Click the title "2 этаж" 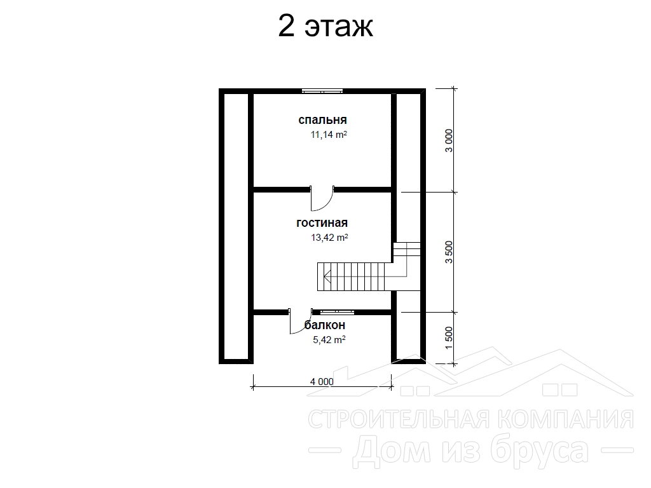(325, 26)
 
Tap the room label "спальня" (322, 120)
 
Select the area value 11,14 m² (329, 135)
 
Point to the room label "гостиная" (322, 223)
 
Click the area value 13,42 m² (329, 238)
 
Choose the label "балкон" (325, 325)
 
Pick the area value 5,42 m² (329, 340)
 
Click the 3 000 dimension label (449, 140)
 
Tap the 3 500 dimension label (449, 252)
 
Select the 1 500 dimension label (449, 338)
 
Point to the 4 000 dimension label (322, 381)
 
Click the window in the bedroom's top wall (322, 90)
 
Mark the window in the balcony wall (333, 310)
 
